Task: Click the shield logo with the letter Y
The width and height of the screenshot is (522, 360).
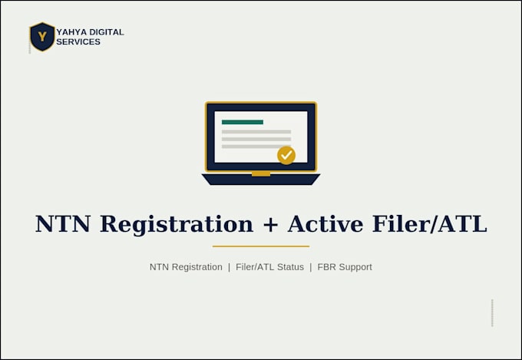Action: click(42, 37)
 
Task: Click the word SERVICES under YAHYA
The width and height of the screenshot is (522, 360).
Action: click(78, 41)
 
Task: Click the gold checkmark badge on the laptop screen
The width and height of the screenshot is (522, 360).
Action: click(286, 155)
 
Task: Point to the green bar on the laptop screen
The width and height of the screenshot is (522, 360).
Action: click(243, 122)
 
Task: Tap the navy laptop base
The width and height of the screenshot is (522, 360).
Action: click(261, 179)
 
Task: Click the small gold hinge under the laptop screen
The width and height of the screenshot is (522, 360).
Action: click(261, 173)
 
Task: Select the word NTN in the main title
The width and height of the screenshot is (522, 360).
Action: click(63, 224)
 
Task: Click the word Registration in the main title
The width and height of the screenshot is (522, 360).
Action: click(177, 225)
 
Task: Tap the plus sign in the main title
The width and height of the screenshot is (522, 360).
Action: click(270, 224)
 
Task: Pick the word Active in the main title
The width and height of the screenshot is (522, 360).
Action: click(325, 224)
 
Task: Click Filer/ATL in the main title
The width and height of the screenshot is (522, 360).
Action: click(430, 224)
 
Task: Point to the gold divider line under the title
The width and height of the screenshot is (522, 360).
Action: click(261, 246)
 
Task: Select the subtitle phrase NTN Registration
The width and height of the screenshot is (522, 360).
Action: click(186, 267)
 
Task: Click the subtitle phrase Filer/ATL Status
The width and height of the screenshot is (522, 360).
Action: click(269, 267)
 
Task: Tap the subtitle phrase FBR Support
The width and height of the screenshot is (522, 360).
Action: click(345, 267)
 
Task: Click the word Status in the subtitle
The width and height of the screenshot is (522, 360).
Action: click(292, 267)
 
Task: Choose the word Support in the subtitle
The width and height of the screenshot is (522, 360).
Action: click(355, 267)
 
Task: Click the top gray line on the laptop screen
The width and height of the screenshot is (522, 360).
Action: click(256, 132)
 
